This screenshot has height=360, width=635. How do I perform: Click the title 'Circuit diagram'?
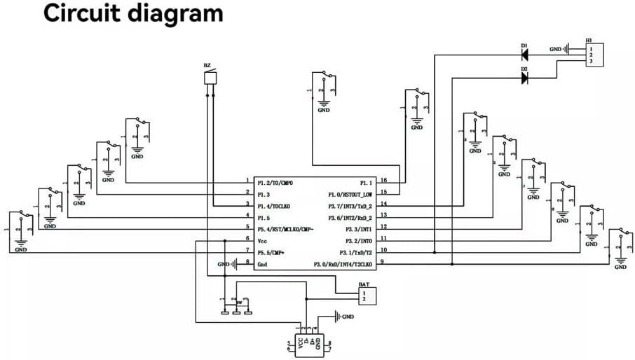[x=134, y=14]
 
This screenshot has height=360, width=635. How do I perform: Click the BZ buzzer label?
[x=207, y=65]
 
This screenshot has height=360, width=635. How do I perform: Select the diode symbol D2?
[x=524, y=78]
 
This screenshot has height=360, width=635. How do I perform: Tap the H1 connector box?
[x=594, y=55]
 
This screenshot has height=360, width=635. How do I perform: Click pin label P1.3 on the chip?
[x=264, y=193]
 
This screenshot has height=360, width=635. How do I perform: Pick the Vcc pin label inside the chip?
[x=263, y=240]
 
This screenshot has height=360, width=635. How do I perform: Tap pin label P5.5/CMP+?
[x=271, y=251]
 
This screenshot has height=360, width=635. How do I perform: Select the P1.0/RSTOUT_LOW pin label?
[x=350, y=193]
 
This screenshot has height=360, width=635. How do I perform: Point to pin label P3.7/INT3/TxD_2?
[x=350, y=205]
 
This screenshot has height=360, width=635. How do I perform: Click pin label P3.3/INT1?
[x=359, y=228]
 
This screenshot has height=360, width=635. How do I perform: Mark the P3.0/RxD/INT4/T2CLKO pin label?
[x=343, y=263]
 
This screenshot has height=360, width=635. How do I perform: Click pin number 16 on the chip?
[x=383, y=179]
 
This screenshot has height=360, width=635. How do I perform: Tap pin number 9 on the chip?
[x=382, y=261]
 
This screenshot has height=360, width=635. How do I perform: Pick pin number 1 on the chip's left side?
[x=247, y=179]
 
